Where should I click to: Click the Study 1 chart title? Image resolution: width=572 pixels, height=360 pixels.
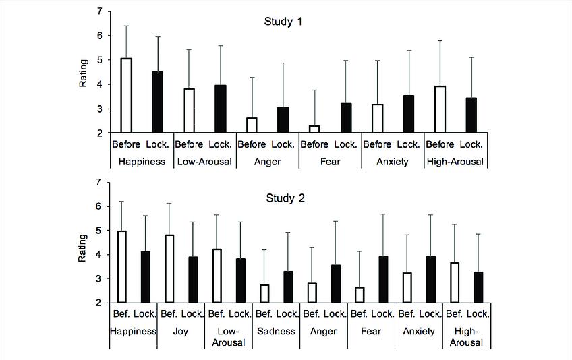click(x=283, y=22)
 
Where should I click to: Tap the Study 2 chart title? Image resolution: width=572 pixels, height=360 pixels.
click(x=283, y=199)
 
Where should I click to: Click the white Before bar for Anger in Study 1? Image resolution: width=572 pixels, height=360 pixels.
click(x=252, y=125)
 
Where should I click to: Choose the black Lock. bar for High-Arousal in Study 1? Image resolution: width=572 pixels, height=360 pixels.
click(x=471, y=115)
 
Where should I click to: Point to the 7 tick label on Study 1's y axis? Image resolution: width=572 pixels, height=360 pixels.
click(x=100, y=11)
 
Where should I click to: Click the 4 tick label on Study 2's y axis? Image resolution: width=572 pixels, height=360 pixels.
click(x=100, y=255)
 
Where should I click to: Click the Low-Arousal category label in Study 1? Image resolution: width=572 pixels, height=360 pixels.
click(x=204, y=162)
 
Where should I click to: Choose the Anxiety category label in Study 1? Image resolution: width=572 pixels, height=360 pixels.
click(x=393, y=162)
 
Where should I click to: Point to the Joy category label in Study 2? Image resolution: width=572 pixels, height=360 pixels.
click(x=181, y=331)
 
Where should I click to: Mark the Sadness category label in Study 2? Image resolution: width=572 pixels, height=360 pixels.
click(x=276, y=331)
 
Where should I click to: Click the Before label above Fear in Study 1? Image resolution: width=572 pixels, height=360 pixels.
click(x=314, y=144)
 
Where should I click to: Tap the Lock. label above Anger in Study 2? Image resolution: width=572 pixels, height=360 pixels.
click(x=335, y=313)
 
